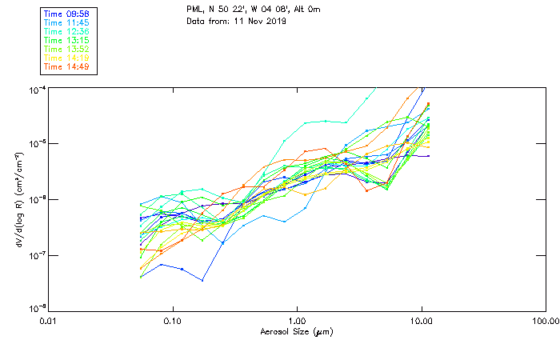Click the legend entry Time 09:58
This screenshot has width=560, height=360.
(67, 14)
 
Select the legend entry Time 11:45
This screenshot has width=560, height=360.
(67, 23)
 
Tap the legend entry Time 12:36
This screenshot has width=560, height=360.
(67, 31)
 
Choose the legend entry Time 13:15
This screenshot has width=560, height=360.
(67, 40)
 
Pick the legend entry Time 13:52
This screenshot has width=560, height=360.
(67, 49)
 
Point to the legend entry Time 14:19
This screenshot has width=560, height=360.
(67, 57)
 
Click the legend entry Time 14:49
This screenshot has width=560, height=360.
(67, 66)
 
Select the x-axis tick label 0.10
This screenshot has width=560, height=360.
(172, 321)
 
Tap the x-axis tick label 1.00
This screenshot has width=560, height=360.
(297, 321)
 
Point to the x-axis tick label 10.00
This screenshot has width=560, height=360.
(422, 321)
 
